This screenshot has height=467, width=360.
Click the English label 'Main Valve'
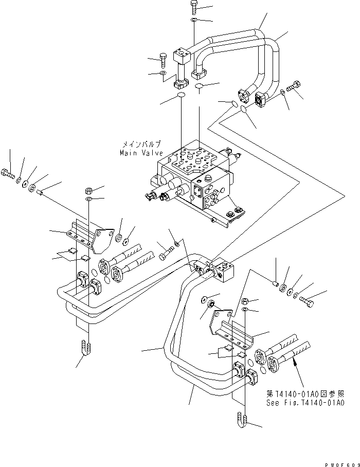(x=141, y=153)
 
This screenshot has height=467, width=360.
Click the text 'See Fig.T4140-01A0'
(x=305, y=404)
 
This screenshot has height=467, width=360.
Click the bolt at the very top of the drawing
(x=193, y=7)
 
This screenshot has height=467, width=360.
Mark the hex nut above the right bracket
(x=245, y=301)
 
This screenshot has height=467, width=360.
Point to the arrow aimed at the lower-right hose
(x=295, y=364)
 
